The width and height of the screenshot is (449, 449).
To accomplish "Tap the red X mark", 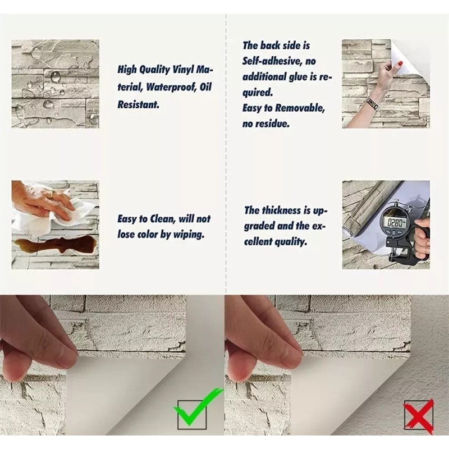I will pyautogui.click(x=418, y=414).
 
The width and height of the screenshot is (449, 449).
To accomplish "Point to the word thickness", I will pyautogui.click(x=285, y=210).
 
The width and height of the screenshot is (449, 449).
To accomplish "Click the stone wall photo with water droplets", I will pyautogui.click(x=55, y=84).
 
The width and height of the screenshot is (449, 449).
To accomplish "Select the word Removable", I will pyautogui.click(x=297, y=108).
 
